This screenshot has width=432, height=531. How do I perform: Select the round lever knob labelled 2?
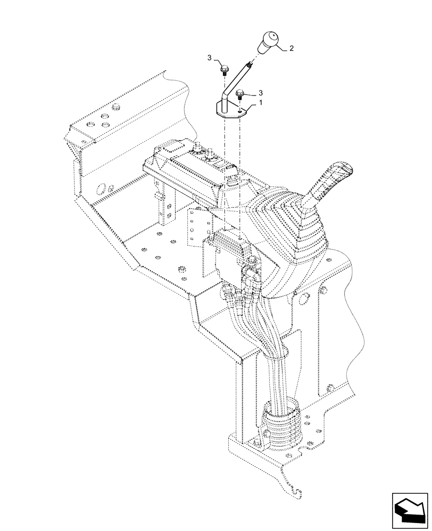[269, 42]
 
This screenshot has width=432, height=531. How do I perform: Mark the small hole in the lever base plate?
[240, 111]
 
